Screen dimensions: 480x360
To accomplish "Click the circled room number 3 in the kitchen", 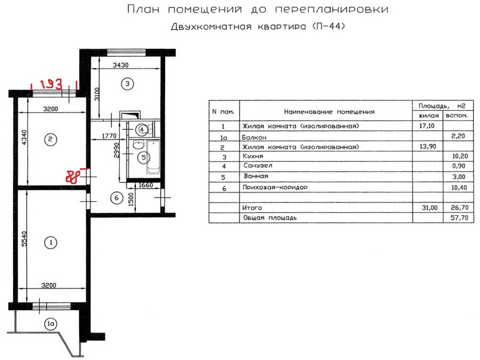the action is pos(127,83).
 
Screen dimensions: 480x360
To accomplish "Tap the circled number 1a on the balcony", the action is pos(50,324).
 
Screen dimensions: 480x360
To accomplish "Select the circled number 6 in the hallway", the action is pos(117,198).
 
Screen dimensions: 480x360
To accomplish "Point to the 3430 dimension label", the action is pos(120,65).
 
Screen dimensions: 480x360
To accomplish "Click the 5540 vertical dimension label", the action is pos(24,239).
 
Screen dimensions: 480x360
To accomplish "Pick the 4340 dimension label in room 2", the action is pos(24,138).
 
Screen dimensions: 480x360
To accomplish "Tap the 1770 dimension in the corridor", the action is pos(109,136).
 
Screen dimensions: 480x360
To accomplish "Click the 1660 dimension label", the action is pos(146,186).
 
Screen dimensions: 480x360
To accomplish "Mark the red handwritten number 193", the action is pos(51,84).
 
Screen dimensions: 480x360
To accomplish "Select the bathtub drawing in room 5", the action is pos(153,157).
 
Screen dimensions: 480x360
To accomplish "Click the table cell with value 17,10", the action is pos(427,126).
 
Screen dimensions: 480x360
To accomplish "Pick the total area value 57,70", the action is pos(459,218).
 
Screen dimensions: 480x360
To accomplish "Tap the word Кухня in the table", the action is pos(253,156).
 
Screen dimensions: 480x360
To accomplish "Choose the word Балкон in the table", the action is pos(254,137).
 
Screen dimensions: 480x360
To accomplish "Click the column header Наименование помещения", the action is pos(329,112).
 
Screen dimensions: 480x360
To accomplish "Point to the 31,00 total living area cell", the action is pos(430,207).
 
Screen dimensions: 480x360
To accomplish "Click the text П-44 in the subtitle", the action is pos(329,26).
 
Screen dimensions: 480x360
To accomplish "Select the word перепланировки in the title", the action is pos(332,10).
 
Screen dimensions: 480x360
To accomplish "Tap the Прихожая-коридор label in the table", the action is pos(275,187).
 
